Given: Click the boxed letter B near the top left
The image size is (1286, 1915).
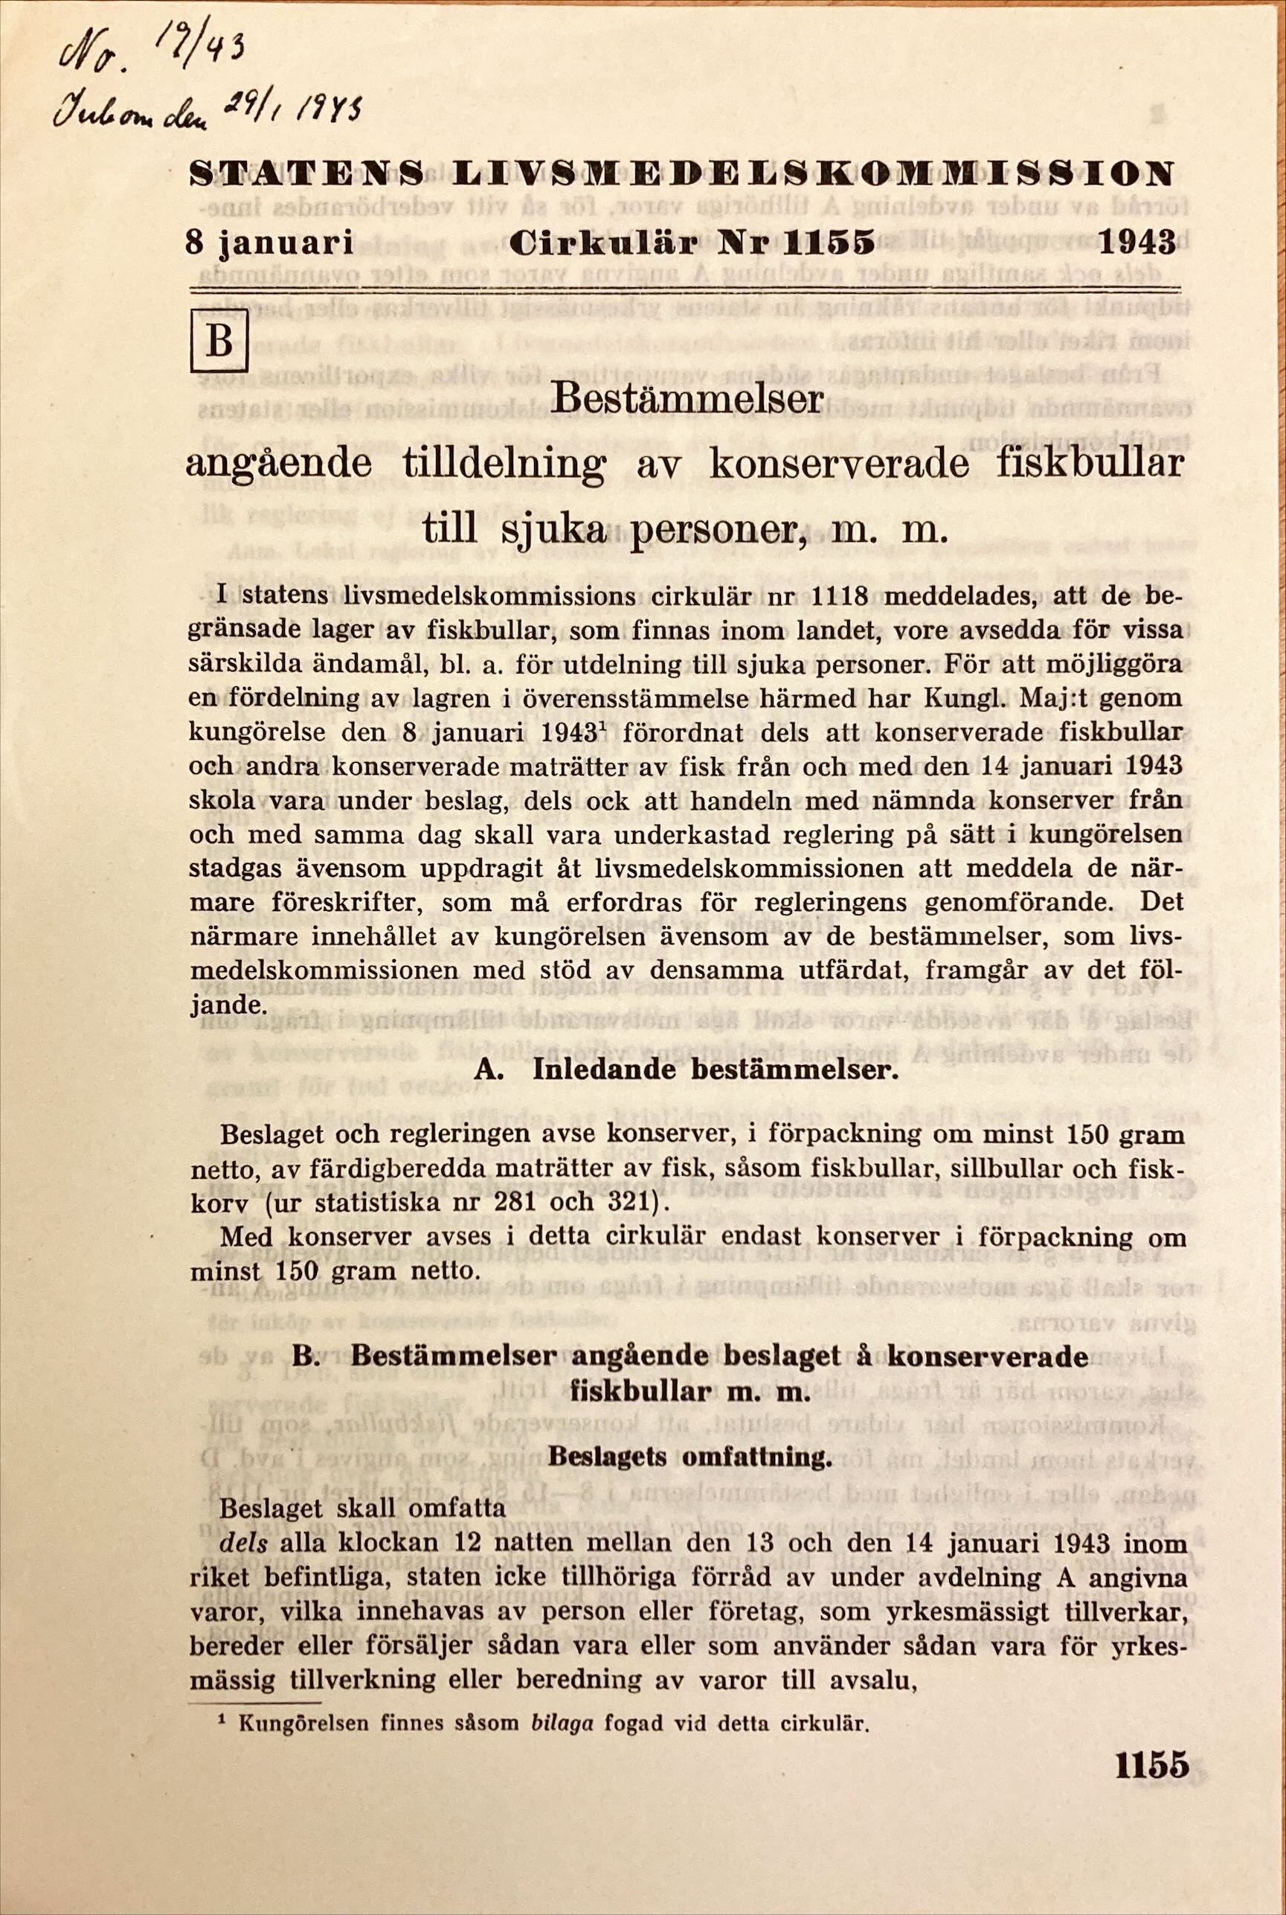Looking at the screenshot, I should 218,342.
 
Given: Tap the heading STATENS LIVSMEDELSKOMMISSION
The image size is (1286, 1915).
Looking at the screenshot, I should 680,174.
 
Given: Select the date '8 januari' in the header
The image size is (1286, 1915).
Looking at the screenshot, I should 270,243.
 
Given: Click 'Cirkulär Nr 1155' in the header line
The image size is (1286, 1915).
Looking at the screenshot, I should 690,243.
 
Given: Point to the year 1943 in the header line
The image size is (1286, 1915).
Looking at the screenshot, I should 1136,242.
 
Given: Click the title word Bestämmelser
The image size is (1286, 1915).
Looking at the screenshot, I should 687,400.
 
